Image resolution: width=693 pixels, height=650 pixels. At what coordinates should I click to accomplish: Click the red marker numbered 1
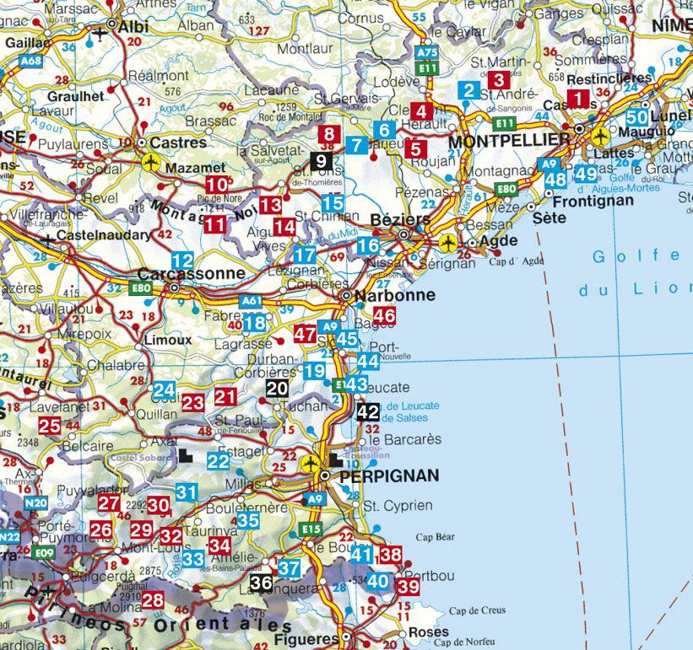[x=578, y=99]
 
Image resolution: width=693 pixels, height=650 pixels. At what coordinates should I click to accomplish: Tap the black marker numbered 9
[x=321, y=160]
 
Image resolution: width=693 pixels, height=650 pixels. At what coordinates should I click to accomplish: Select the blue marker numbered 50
[x=637, y=118]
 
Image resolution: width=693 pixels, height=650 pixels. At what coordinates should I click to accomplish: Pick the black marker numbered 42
[x=367, y=412]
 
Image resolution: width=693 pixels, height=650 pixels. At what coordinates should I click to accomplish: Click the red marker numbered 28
[x=153, y=600]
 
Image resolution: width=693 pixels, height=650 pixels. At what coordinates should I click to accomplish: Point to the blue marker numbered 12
[x=182, y=261]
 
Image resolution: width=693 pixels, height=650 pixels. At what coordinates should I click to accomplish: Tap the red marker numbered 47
[x=305, y=334]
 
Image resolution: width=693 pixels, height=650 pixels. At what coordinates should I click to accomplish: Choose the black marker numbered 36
[x=261, y=582]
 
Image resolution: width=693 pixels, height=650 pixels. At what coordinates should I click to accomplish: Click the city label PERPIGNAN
[x=388, y=476]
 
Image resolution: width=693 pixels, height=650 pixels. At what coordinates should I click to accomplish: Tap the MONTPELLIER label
[x=497, y=141]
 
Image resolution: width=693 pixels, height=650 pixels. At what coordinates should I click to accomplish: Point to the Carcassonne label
[x=191, y=274]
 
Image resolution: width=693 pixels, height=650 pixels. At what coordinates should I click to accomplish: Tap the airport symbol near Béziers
[x=448, y=243]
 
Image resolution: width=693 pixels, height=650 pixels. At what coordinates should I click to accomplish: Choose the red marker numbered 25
[x=49, y=426]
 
